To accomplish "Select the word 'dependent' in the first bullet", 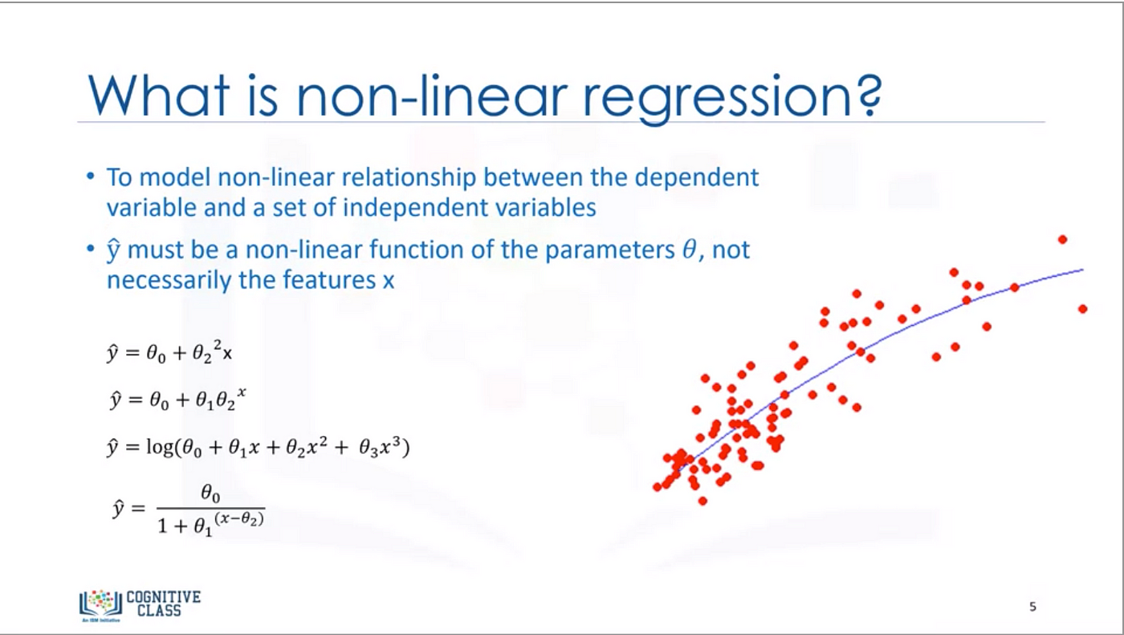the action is click(697, 178).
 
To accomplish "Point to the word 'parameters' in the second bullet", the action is click(609, 250).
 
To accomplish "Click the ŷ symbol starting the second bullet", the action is click(113, 250).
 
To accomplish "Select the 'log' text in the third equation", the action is click(160, 446).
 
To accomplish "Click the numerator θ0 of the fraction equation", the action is click(210, 494).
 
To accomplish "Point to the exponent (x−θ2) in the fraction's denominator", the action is click(239, 519).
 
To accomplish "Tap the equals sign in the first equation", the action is click(132, 353).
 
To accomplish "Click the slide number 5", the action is click(1032, 607).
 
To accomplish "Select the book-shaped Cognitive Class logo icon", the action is click(101, 604).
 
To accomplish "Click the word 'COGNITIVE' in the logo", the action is click(164, 597).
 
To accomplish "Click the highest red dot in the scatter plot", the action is click(1062, 240).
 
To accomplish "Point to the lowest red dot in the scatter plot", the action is click(702, 501).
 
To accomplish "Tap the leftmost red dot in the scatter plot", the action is click(657, 487).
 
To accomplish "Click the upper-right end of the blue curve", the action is click(1083, 270).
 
